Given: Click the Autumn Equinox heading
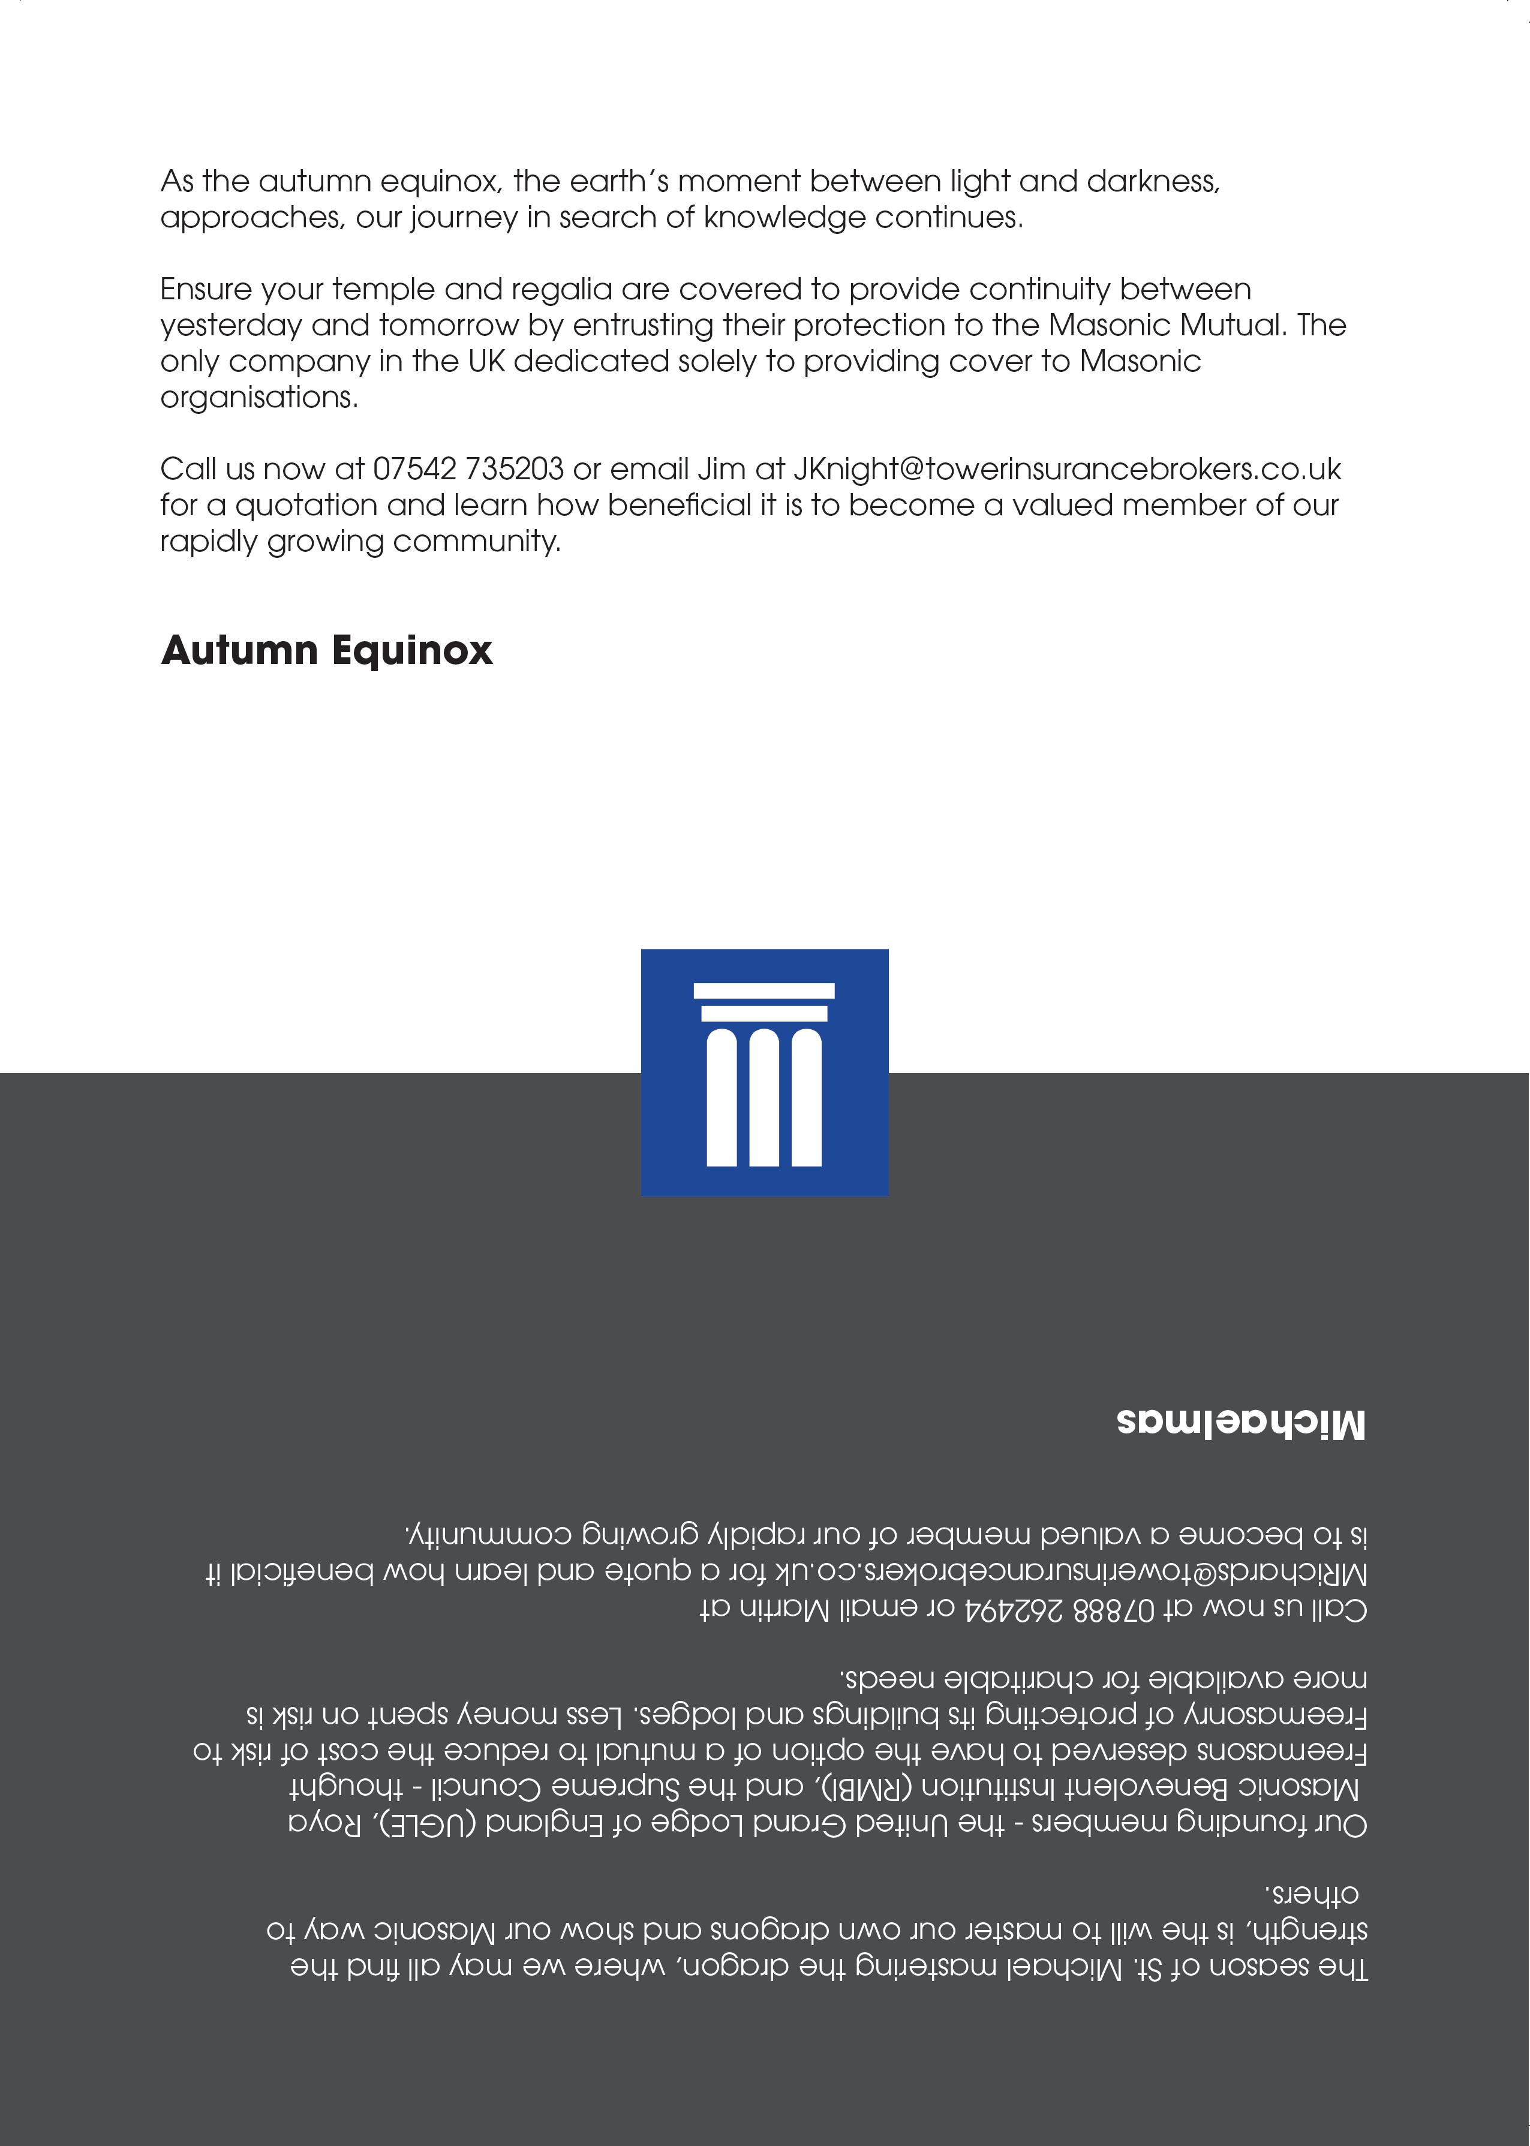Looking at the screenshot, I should click(326, 651).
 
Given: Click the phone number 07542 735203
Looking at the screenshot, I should click(468, 468).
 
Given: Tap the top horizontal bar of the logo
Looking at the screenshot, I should click(764, 990).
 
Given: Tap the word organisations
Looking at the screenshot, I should click(259, 396).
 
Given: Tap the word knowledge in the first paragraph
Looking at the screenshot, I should click(784, 218).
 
